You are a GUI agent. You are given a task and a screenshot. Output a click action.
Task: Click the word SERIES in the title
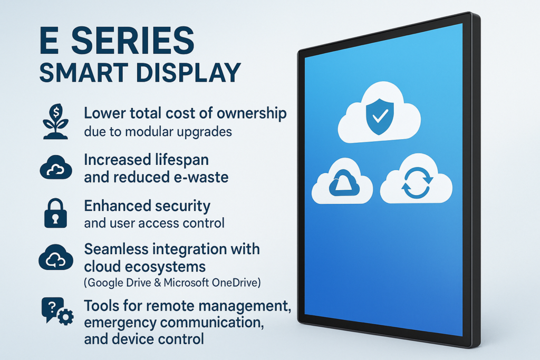(x=132, y=41)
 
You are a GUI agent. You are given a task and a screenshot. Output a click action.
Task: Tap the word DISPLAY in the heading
(x=188, y=73)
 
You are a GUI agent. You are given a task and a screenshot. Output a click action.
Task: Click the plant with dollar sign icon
(x=55, y=121)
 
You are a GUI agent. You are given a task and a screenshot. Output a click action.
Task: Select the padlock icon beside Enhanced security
(x=55, y=213)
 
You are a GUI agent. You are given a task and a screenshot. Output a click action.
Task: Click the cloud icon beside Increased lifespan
(x=56, y=167)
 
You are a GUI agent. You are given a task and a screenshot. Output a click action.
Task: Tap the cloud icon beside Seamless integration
(x=56, y=257)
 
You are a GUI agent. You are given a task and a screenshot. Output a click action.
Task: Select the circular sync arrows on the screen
(x=417, y=183)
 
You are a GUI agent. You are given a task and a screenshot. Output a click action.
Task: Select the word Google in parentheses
(x=104, y=283)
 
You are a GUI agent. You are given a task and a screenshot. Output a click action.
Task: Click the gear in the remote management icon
(x=65, y=317)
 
